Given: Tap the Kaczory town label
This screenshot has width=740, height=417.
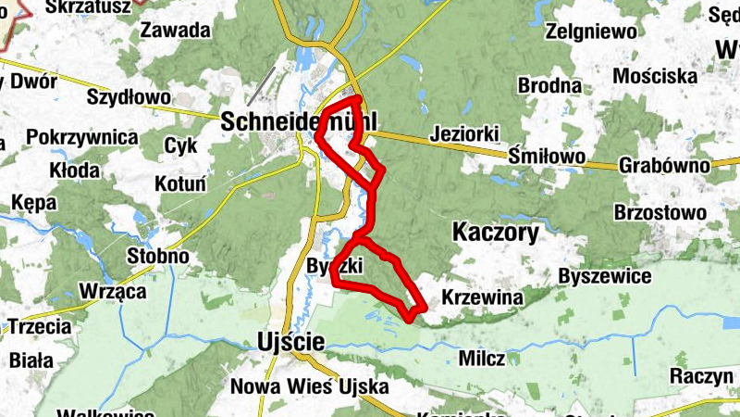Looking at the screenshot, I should coord(496,233).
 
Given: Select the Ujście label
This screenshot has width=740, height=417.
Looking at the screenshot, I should coord(288,343).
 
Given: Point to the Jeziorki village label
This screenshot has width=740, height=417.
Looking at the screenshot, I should coord(464,134).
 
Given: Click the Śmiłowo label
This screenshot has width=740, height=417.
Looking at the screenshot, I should coord(547,158).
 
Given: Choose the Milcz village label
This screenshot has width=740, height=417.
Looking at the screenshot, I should coord(482,359).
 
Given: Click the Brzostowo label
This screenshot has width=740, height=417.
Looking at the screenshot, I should coord(660,212).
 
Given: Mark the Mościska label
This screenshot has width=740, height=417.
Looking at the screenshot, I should coord(654,74).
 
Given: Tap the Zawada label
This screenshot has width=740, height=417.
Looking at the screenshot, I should coord(176,30).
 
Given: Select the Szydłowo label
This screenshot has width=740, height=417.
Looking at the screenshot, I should coord(128,95).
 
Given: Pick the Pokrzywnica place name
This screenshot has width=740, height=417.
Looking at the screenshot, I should coord(82,137).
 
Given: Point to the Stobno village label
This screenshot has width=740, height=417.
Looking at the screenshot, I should coord(158,255).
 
